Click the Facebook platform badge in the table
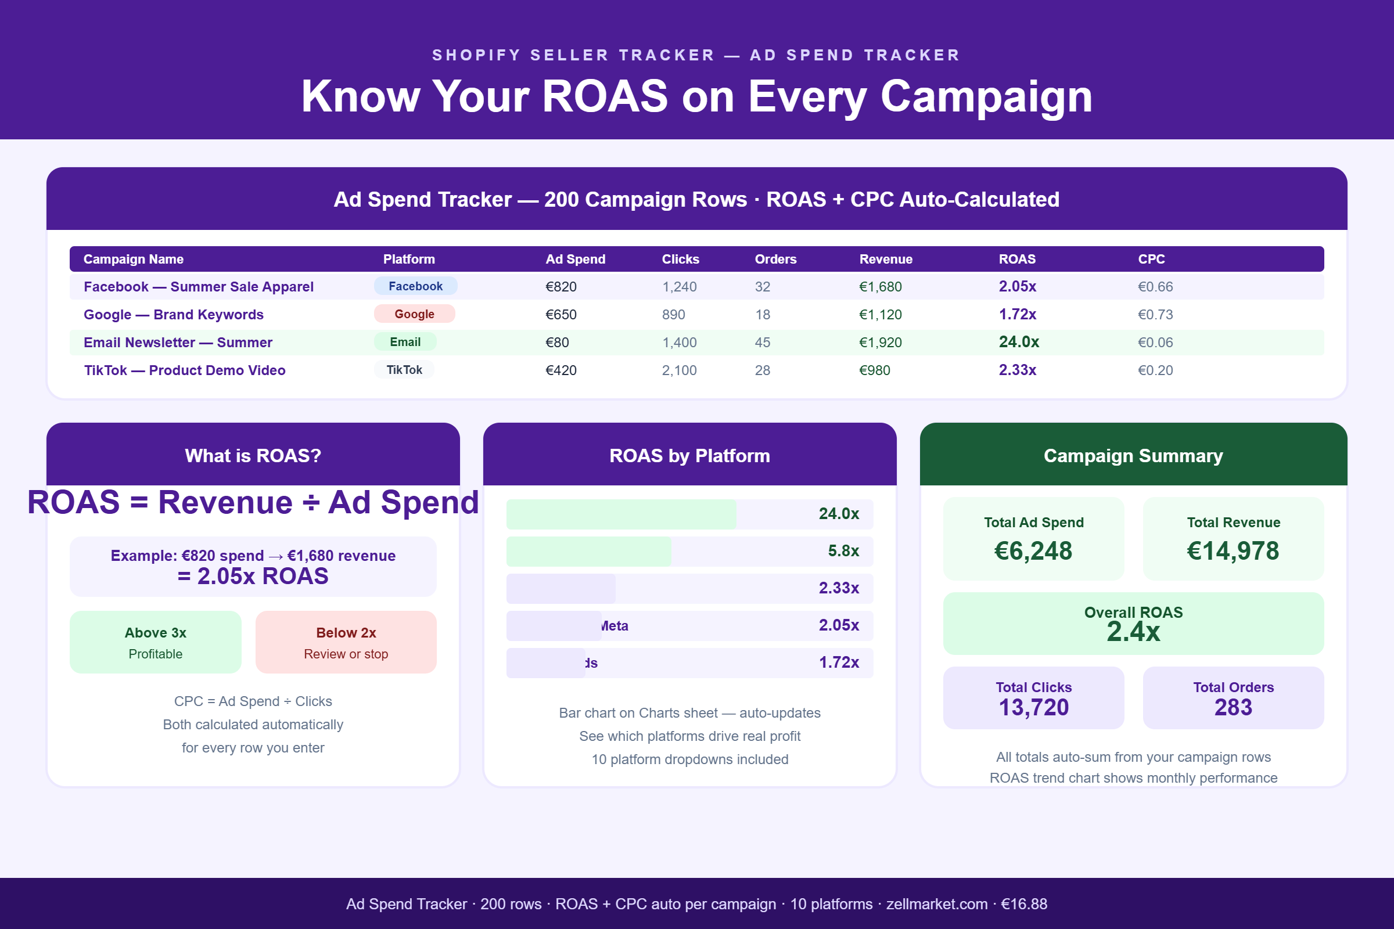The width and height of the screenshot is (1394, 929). [415, 286]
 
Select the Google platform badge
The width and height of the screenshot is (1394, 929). [414, 314]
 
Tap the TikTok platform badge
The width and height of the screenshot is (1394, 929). [404, 370]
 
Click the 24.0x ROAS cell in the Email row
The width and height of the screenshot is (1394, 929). [1019, 342]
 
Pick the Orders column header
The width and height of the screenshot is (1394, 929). [775, 259]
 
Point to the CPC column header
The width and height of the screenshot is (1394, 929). [1151, 259]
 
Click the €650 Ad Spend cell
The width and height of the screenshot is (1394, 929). [561, 315]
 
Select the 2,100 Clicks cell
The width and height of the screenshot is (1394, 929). [679, 370]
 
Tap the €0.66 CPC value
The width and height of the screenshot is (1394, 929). [1155, 287]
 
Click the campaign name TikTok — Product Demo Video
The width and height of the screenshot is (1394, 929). [184, 370]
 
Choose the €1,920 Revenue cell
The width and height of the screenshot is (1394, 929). [880, 343]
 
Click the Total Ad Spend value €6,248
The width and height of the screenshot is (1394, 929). [1033, 551]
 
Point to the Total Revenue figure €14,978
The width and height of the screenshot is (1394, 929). [1233, 551]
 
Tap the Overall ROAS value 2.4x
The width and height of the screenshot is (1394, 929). [1133, 632]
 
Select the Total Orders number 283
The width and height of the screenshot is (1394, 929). [1233, 707]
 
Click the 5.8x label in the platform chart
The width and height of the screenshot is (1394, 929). [843, 551]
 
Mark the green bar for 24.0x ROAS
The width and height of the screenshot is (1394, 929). [621, 514]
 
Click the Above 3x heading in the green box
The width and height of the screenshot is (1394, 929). [155, 633]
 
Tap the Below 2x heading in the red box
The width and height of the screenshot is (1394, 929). [346, 633]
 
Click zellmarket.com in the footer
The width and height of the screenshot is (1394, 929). [936, 904]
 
